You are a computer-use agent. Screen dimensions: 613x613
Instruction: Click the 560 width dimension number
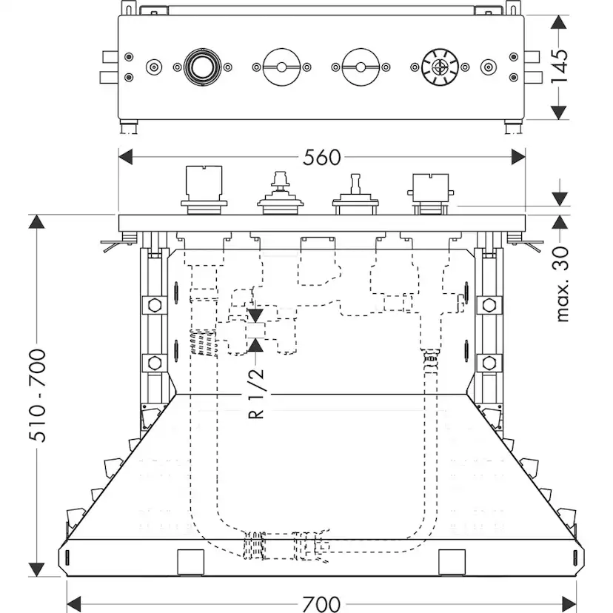coord(321,157)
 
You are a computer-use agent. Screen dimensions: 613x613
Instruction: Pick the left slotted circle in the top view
coord(280,67)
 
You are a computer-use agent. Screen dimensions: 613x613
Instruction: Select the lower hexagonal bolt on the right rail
coord(487,363)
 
